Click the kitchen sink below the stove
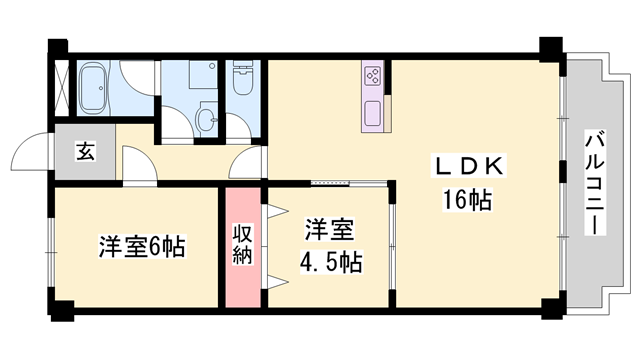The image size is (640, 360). tap(374, 112)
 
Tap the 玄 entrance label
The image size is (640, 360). tap(85, 153)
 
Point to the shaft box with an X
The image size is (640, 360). tap(62, 89)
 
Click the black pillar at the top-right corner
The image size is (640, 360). tap(549, 48)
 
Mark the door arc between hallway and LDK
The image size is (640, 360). tap(242, 170)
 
